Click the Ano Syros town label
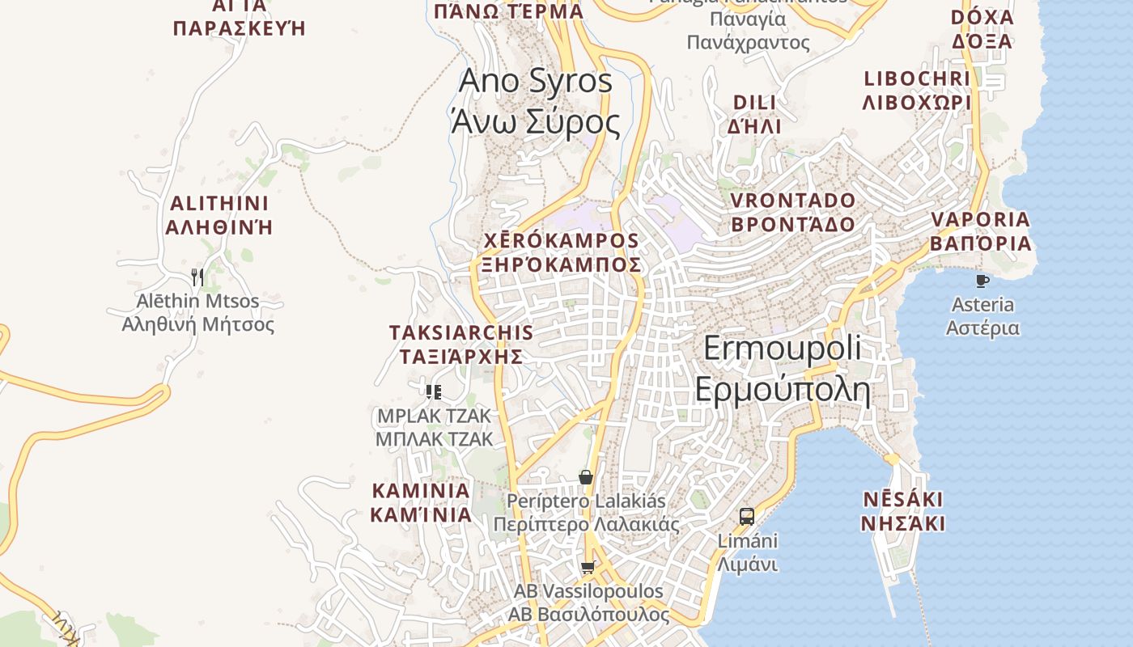point(535,102)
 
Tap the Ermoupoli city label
point(782,369)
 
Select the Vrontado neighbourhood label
point(793,212)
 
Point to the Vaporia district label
point(980,231)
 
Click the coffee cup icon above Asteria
point(982,281)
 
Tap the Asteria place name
point(982,316)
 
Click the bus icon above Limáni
point(747,516)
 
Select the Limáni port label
point(748,552)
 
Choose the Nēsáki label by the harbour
point(902,510)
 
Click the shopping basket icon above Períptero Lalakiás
point(586,477)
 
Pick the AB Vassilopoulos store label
point(588,603)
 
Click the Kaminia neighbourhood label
point(421,502)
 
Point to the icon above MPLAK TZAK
point(434,392)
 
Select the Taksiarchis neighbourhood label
point(461,345)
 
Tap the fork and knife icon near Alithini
point(197,277)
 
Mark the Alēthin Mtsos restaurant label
point(198,313)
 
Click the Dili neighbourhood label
point(754,114)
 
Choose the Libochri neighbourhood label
point(917,91)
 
